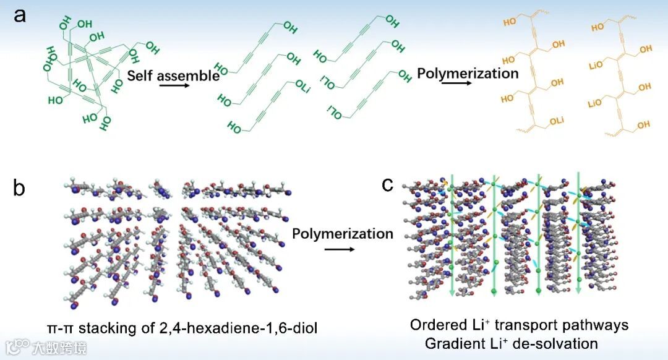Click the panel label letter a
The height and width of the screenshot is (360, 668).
click(20, 15)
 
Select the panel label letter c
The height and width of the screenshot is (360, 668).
click(387, 184)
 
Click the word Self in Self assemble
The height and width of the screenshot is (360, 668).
click(141, 76)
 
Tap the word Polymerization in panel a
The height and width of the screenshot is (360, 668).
click(468, 74)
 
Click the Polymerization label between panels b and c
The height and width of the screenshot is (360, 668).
click(343, 234)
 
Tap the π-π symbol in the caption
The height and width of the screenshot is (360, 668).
click(61, 328)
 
